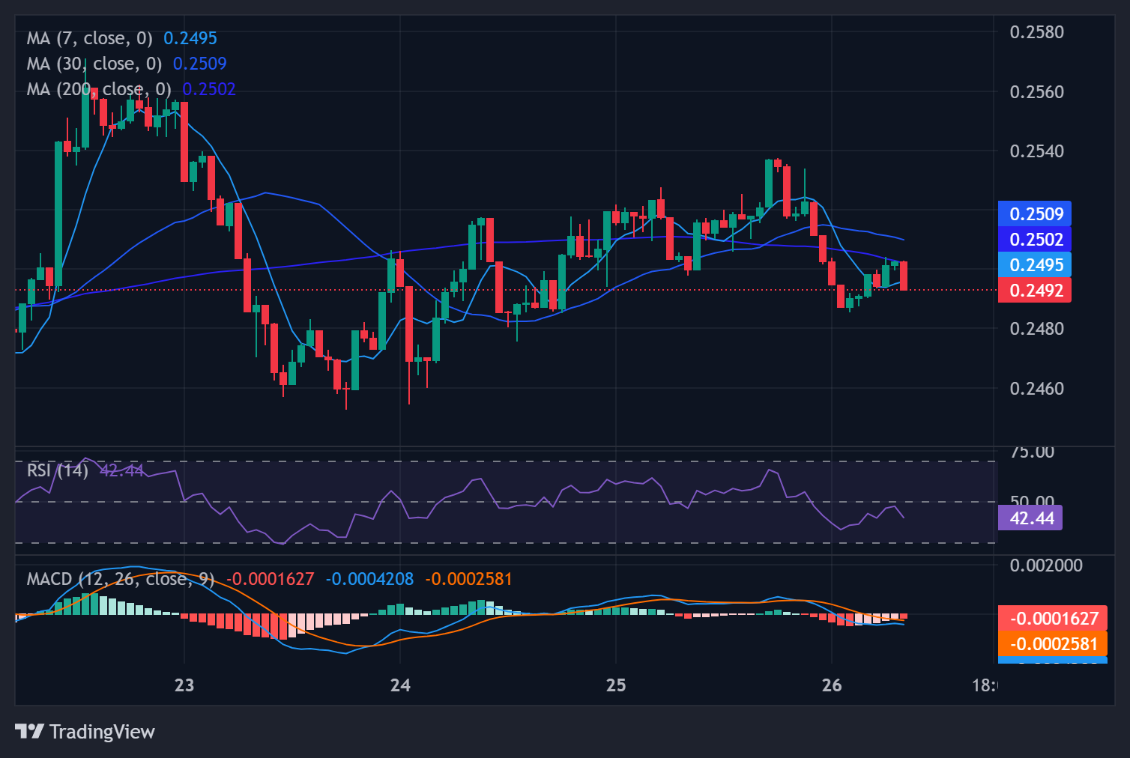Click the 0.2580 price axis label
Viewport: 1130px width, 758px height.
pos(1036,32)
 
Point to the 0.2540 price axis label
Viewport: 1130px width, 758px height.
pos(1036,151)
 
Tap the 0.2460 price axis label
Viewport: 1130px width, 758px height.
pos(1036,389)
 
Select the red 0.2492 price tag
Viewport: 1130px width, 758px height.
pos(1035,291)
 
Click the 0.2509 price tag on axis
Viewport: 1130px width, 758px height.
pos(1035,214)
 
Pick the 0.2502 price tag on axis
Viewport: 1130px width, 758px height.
pos(1035,240)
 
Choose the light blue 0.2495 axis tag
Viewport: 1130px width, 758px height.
pos(1035,265)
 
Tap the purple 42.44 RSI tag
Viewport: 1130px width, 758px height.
pos(1030,518)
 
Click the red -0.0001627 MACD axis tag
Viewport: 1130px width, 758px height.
pos(1053,619)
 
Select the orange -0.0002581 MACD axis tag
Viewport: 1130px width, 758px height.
pos(1053,644)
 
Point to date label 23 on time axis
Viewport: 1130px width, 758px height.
pos(184,685)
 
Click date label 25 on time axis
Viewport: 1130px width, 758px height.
pos(616,685)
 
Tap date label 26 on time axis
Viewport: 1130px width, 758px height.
pos(832,685)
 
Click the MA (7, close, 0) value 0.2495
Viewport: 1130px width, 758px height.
pos(190,38)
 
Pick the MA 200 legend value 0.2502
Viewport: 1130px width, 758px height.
pos(209,89)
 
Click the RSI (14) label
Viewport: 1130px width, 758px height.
pos(58,470)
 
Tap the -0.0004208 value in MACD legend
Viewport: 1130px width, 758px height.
pos(369,579)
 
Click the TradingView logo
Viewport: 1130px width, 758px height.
pos(85,732)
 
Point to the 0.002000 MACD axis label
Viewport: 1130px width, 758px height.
pos(1046,566)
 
